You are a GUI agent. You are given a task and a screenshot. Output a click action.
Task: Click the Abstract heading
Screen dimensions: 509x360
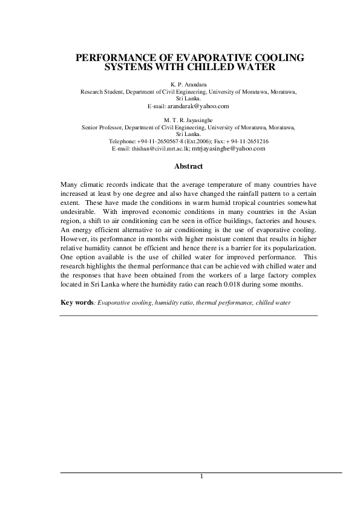(188, 166)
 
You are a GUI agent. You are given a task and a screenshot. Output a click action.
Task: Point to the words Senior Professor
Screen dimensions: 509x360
(103, 128)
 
